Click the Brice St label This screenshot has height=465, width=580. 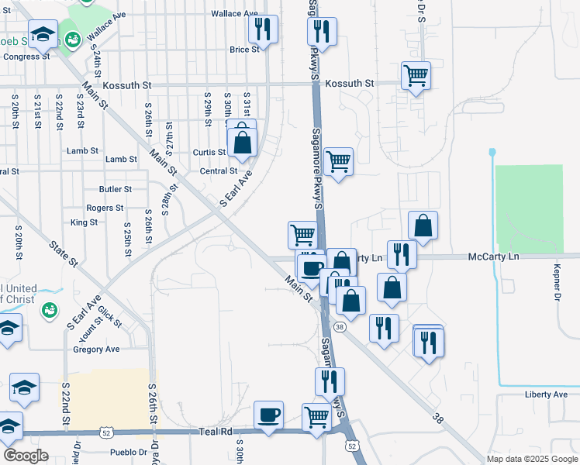point(243,50)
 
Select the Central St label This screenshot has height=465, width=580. point(218,171)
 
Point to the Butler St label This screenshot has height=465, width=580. point(116,189)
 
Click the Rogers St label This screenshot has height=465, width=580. point(105,208)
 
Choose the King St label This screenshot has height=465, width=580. point(84,222)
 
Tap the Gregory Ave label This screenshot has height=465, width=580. point(96,350)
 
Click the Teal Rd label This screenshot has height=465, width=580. point(216,432)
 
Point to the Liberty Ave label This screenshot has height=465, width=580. point(546,394)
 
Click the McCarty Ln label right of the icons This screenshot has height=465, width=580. point(492,257)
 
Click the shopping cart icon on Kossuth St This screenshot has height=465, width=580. point(416,76)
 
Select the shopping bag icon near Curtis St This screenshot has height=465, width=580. point(243,142)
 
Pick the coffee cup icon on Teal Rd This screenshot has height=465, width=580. point(269,415)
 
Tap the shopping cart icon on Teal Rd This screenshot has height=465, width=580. point(317,417)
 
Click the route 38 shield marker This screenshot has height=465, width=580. point(340,327)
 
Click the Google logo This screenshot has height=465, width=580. point(26,456)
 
